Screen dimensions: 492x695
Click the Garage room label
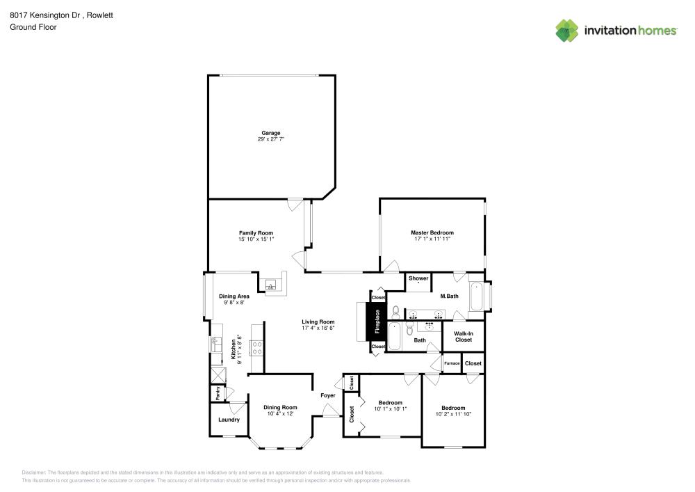click(270, 133)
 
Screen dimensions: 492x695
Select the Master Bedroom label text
click(432, 232)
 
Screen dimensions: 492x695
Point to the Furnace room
click(452, 363)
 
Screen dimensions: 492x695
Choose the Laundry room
click(229, 420)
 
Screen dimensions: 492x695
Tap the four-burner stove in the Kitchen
click(256, 347)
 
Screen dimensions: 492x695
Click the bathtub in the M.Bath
click(476, 297)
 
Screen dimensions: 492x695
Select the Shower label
click(418, 278)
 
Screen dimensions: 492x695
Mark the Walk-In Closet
click(464, 337)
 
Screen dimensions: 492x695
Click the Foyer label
click(328, 395)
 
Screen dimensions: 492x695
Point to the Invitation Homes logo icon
click(566, 30)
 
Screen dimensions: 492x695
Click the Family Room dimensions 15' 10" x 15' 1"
click(256, 239)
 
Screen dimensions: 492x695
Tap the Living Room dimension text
click(318, 328)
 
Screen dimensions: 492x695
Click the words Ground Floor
click(33, 27)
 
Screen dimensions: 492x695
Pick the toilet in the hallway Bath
click(394, 311)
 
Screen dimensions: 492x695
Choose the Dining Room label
click(280, 407)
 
